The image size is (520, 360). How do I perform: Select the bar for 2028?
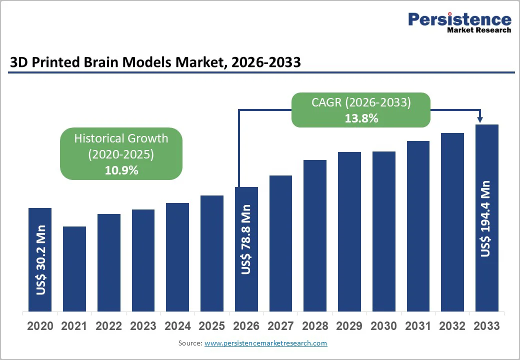pos(315,235)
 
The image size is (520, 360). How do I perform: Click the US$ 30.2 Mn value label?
pos(40,260)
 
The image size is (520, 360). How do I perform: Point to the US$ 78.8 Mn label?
pos(246,239)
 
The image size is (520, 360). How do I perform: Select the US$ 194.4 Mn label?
pos(486,219)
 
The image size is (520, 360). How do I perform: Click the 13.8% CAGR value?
pos(361,118)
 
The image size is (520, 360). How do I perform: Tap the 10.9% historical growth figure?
pos(121,170)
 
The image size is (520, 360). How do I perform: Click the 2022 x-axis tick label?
pos(109,326)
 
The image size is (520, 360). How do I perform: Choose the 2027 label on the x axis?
pos(280,326)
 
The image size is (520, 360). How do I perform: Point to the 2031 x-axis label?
pos(418,326)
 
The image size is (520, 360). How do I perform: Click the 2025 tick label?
pos(212,326)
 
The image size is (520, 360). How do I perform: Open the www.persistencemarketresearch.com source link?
pos(265,343)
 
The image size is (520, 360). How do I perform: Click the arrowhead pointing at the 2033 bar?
pos(480,119)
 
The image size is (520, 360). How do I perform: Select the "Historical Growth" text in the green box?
pos(121,138)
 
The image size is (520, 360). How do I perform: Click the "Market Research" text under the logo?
pos(478,30)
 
